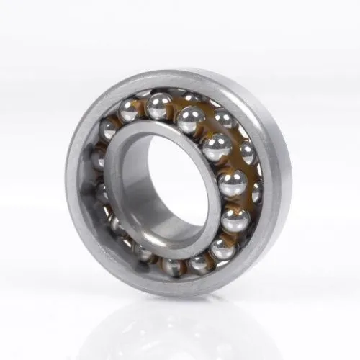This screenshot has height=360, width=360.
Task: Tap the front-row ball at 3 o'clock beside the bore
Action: coord(232,184)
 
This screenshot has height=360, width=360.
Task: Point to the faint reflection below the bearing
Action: coord(180,324)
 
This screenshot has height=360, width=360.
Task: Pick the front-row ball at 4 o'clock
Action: coord(234,218)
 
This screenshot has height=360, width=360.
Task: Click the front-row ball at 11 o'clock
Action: coord(158,107)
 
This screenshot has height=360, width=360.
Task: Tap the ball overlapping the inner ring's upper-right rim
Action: coord(216,148)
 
